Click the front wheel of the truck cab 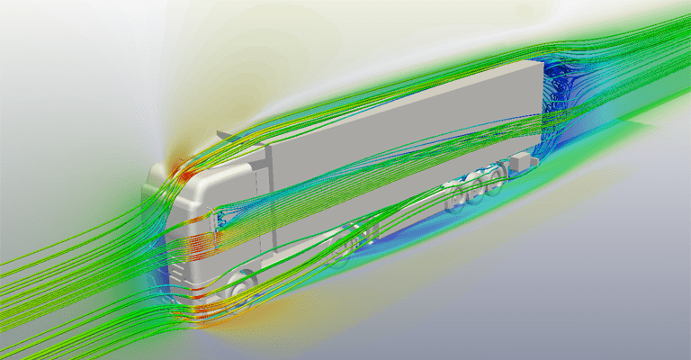(x=239, y=287)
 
